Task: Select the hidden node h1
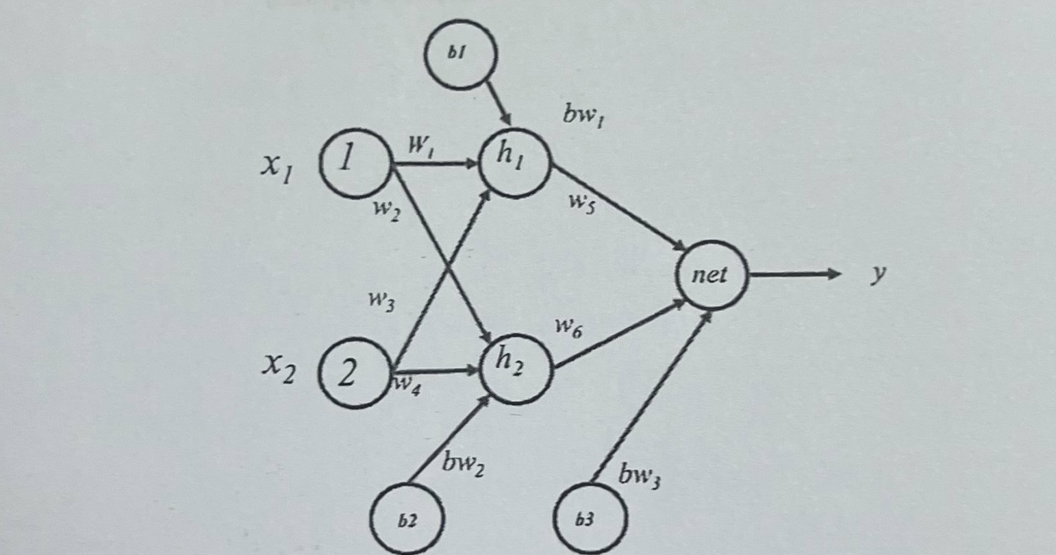click(514, 162)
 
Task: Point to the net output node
click(711, 275)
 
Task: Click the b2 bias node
click(407, 519)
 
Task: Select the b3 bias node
click(590, 519)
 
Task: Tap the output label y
click(878, 274)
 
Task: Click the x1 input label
click(277, 167)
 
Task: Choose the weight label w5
click(581, 203)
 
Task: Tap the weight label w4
click(407, 386)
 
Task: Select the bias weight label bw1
click(583, 115)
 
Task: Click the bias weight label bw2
click(463, 464)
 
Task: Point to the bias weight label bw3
click(639, 474)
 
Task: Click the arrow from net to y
click(794, 275)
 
